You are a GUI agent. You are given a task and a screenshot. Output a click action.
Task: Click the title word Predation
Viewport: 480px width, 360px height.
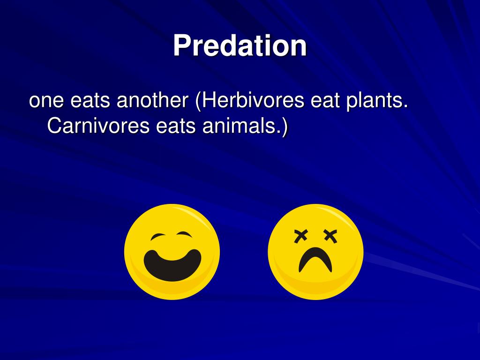240,46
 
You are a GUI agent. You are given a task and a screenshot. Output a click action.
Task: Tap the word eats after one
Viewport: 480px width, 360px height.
90,101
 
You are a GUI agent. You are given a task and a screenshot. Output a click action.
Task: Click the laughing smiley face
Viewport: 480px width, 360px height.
172,252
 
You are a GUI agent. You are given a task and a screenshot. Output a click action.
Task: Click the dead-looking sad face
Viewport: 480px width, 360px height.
315,252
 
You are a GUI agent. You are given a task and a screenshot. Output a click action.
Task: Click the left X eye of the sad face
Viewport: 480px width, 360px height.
300,237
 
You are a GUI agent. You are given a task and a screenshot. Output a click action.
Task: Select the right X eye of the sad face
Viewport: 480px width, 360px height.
330,237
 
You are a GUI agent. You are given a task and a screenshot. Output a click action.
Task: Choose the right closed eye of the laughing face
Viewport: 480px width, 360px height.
185,235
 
